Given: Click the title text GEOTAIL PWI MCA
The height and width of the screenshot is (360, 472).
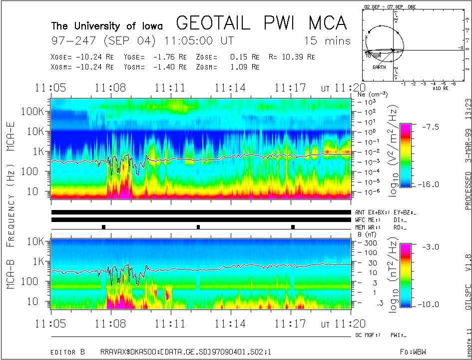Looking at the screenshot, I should point(261,23).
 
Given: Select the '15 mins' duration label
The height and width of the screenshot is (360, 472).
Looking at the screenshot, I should point(327,40).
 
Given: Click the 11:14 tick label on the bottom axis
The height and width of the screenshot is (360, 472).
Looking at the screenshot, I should point(230,323).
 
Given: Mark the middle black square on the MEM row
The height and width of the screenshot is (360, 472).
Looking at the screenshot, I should point(198,227).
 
